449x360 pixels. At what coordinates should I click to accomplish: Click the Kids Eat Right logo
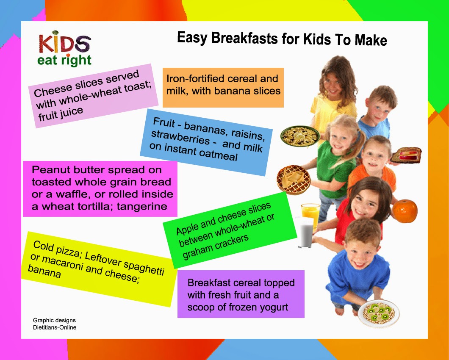(x=64, y=48)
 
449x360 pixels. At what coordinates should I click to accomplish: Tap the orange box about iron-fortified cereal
(x=223, y=87)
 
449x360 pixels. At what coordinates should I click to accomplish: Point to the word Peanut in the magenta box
(x=48, y=170)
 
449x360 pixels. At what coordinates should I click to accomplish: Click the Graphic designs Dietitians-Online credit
(x=55, y=324)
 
